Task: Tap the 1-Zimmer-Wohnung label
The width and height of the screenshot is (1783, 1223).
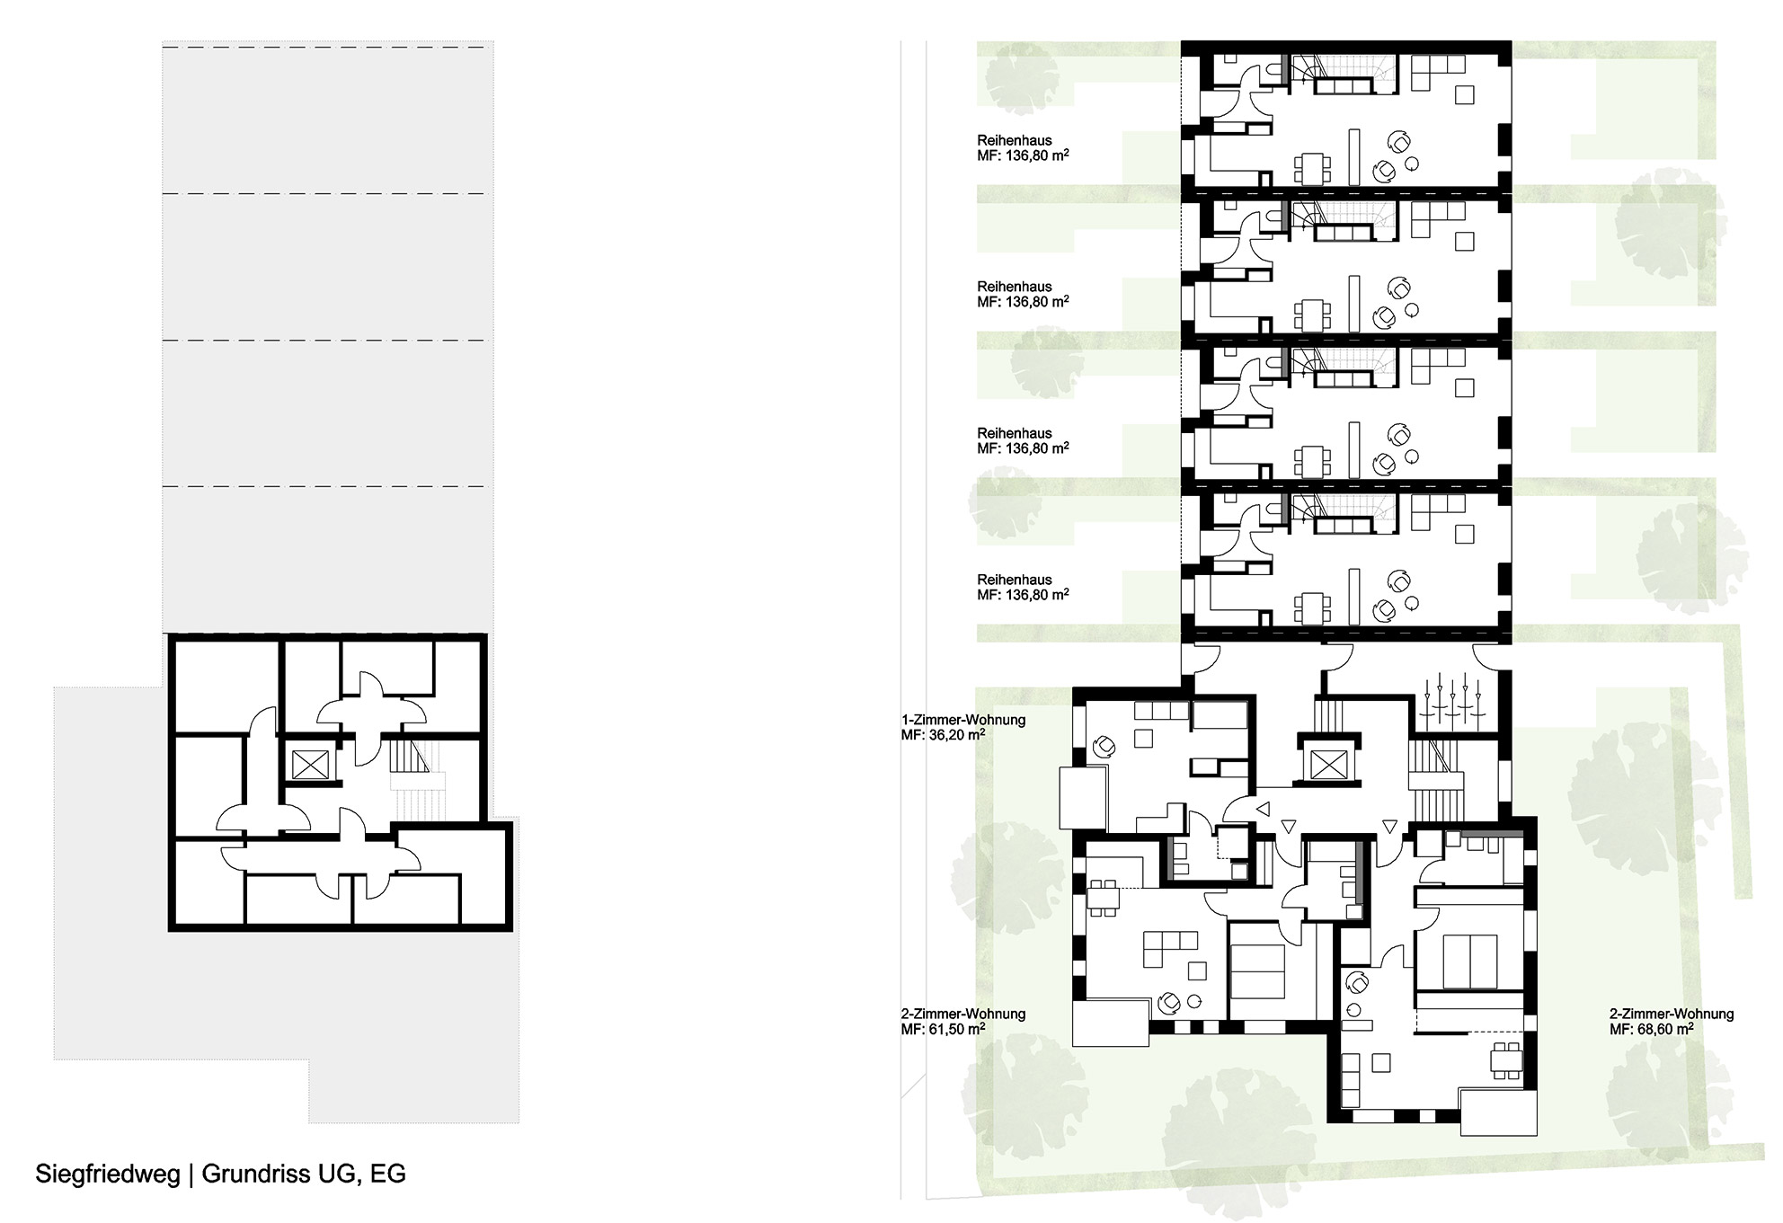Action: (x=963, y=720)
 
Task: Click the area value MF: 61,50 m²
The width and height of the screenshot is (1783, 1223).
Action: (x=943, y=1028)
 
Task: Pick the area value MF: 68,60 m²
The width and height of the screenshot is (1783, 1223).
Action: (x=1651, y=1028)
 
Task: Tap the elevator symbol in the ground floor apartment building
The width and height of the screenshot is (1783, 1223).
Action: (x=1326, y=765)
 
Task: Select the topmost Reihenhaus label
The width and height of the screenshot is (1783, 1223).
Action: (x=1014, y=141)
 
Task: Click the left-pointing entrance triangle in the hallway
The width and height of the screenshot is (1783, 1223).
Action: (x=1264, y=809)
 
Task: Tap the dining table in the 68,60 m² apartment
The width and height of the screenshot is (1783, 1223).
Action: (x=1506, y=1059)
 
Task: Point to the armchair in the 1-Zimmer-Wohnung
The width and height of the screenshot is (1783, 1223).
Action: (x=1104, y=747)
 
